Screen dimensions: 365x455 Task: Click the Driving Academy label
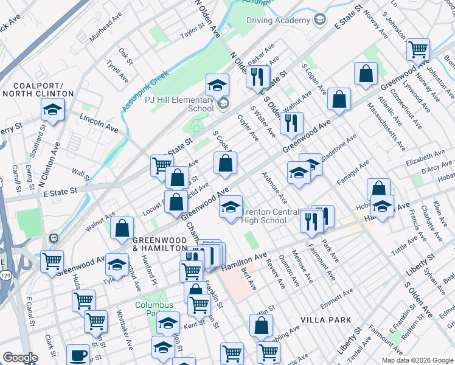pos(278,20)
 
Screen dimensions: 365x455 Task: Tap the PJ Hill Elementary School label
pos(192,104)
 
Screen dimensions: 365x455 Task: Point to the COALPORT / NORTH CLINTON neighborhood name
pos(38,89)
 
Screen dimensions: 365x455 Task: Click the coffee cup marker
pos(77,355)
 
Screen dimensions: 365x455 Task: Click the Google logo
pos(20,358)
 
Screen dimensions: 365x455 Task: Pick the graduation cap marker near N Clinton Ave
pos(53,110)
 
